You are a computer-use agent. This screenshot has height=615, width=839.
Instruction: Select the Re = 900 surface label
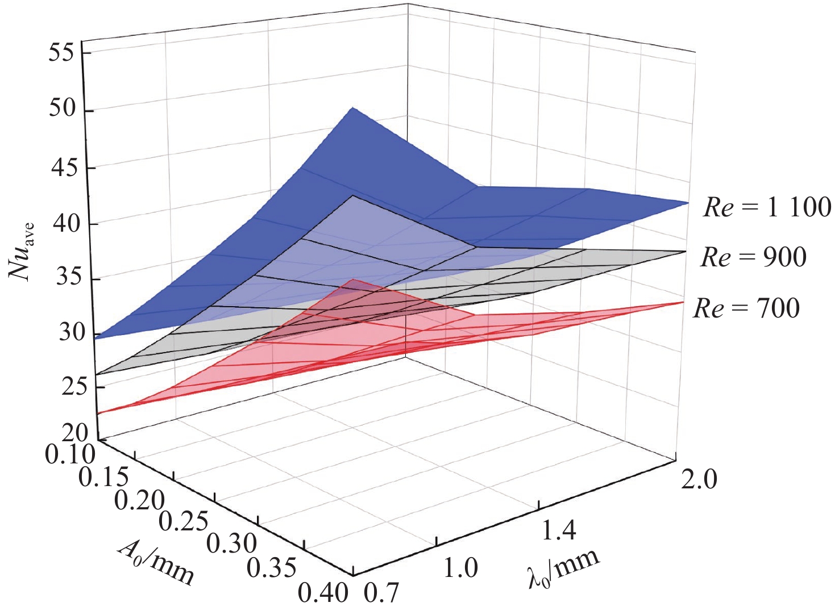[x=753, y=257]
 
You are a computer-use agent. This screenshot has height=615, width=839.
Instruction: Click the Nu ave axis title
[x=22, y=250]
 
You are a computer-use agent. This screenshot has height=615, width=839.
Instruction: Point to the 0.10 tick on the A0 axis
[x=70, y=455]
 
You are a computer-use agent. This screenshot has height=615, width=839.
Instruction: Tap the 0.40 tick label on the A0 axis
[x=323, y=593]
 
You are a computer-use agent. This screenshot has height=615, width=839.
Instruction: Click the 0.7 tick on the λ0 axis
[x=381, y=593]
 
